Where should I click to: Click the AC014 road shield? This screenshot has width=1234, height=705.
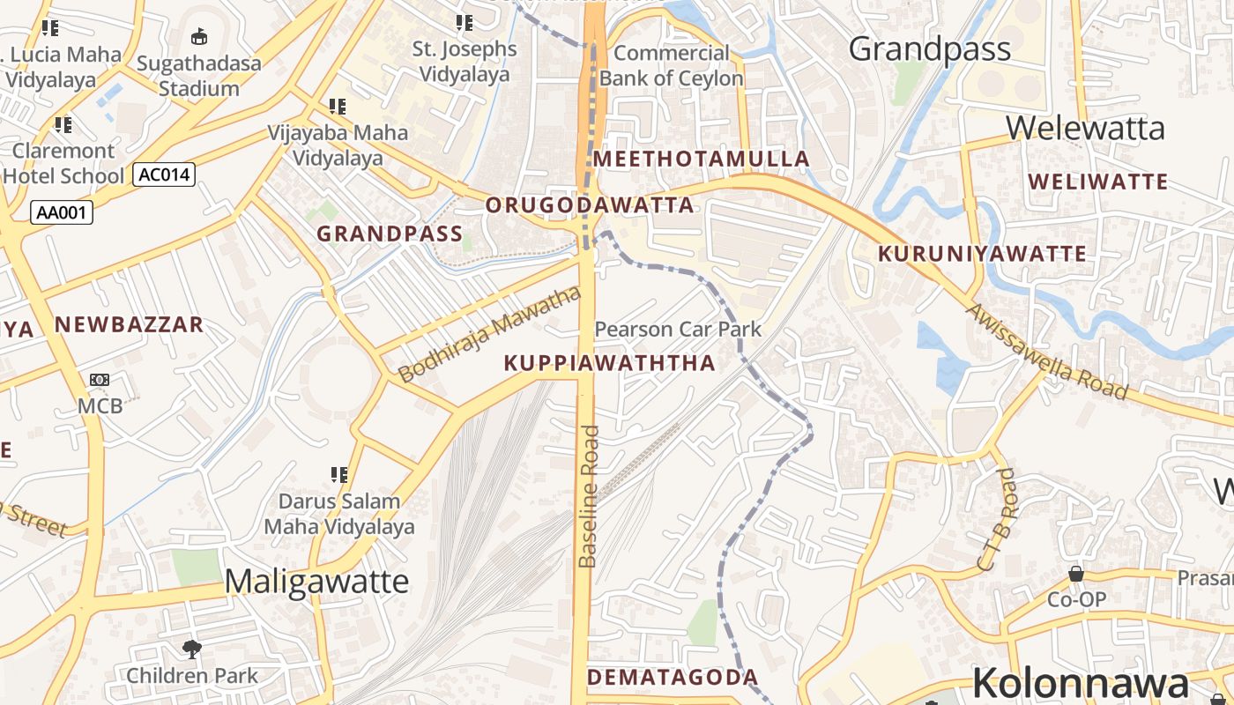pyautogui.click(x=164, y=174)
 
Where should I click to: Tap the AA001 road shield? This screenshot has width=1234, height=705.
pyautogui.click(x=62, y=212)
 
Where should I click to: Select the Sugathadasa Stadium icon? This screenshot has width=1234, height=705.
pyautogui.click(x=199, y=37)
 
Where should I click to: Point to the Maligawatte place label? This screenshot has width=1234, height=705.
pyautogui.click(x=316, y=582)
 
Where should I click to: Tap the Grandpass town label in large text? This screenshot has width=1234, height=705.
pyautogui.click(x=929, y=49)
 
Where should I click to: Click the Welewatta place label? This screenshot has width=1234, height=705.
pyautogui.click(x=1084, y=129)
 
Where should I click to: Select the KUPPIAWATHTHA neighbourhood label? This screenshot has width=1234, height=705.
pyautogui.click(x=609, y=363)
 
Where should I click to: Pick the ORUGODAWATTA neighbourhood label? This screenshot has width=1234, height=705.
pyautogui.click(x=590, y=205)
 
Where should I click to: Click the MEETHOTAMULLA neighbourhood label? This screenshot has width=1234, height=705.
pyautogui.click(x=701, y=160)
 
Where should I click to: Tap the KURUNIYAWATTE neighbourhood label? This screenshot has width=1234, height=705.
pyautogui.click(x=983, y=254)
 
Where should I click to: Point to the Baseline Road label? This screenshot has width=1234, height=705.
pyautogui.click(x=589, y=496)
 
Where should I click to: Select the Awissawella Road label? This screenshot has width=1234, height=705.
pyautogui.click(x=1046, y=352)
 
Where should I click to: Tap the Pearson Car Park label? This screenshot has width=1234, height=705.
pyautogui.click(x=678, y=330)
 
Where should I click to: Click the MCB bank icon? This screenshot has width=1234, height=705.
pyautogui.click(x=99, y=380)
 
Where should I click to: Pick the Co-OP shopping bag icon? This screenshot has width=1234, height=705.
pyautogui.click(x=1076, y=575)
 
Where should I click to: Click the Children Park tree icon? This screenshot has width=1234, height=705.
pyautogui.click(x=191, y=650)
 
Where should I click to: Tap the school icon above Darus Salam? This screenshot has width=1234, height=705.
pyautogui.click(x=338, y=476)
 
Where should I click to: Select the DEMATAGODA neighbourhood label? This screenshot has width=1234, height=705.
pyautogui.click(x=672, y=677)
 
